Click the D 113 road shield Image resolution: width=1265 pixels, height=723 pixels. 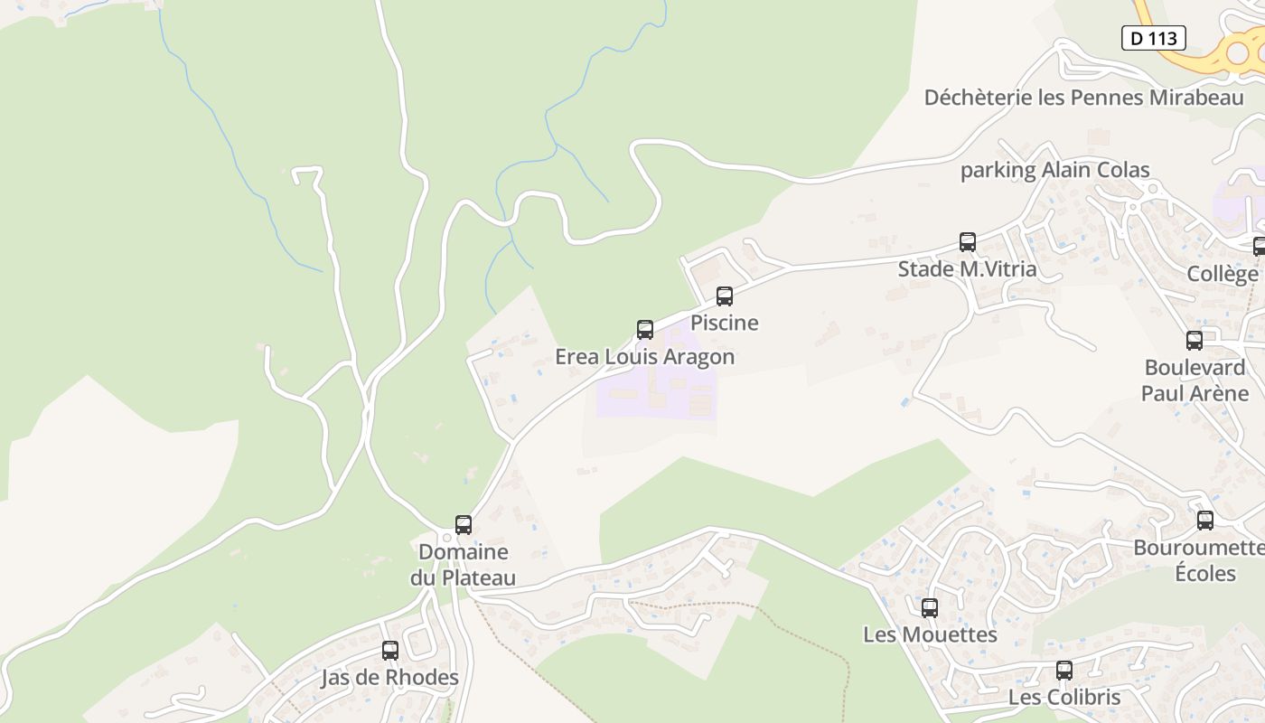pos(1154,38)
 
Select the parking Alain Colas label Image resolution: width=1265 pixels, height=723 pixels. pos(1054,170)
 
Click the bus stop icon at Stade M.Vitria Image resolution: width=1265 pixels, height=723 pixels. pos(967,242)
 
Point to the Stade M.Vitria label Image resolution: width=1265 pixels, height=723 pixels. pos(967,268)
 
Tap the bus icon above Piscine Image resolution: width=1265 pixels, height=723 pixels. pos(724,296)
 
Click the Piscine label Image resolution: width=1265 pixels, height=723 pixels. pos(725,323)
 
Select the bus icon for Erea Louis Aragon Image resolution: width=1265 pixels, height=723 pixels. pos(644,330)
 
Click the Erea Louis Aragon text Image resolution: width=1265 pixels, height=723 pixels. pos(644,356)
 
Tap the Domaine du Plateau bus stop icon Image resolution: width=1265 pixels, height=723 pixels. pos(463,525)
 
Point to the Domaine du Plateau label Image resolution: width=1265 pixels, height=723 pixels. pos(463,565)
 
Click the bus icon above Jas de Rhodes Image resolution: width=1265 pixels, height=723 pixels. pos(389,651)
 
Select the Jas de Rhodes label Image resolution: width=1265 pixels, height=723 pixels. pos(389,677)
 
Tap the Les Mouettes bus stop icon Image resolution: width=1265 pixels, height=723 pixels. pos(930,608)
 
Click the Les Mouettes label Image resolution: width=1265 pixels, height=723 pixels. pos(930,634)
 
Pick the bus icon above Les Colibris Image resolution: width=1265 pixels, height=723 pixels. pos(1064,671)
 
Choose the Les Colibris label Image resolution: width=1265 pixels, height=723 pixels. pos(1064,697)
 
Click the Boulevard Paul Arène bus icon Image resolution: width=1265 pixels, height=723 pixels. pos(1194,341)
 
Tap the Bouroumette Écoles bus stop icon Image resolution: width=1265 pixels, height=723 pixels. pos(1204,521)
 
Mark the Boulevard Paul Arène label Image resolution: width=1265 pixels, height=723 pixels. pos(1195,380)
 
